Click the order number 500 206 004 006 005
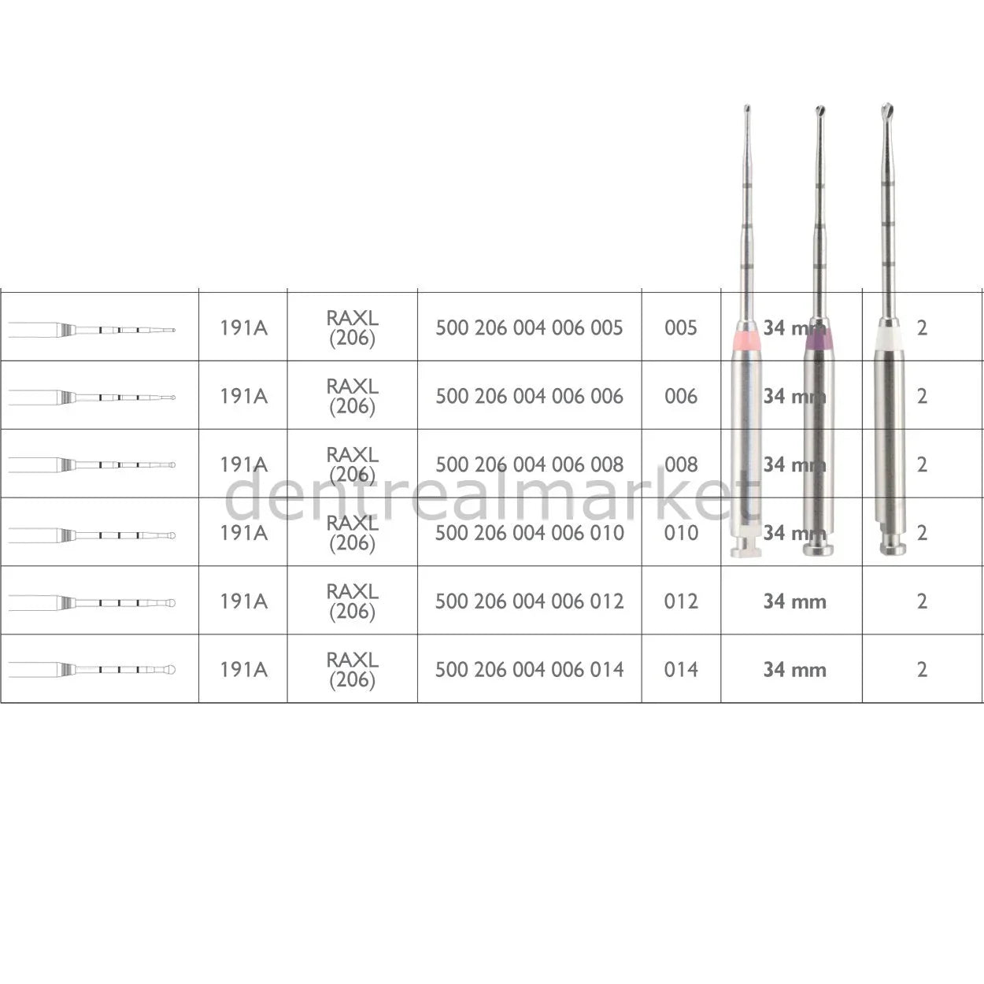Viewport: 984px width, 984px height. tap(529, 327)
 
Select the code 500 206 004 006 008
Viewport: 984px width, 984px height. tap(529, 464)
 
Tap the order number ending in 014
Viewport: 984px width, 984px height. tap(529, 670)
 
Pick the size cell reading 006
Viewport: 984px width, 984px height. tap(681, 396)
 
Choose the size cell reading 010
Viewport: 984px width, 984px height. tap(681, 533)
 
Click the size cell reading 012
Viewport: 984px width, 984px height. tap(681, 601)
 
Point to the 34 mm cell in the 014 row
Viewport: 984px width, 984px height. tap(794, 670)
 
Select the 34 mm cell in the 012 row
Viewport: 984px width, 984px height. tap(794, 601)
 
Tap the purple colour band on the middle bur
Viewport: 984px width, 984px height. tap(818, 339)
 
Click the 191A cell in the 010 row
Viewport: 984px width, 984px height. tap(243, 533)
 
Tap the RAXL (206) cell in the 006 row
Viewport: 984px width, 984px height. tap(352, 396)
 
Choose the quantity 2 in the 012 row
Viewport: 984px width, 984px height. tap(922, 601)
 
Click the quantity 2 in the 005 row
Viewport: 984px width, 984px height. tap(922, 327)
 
